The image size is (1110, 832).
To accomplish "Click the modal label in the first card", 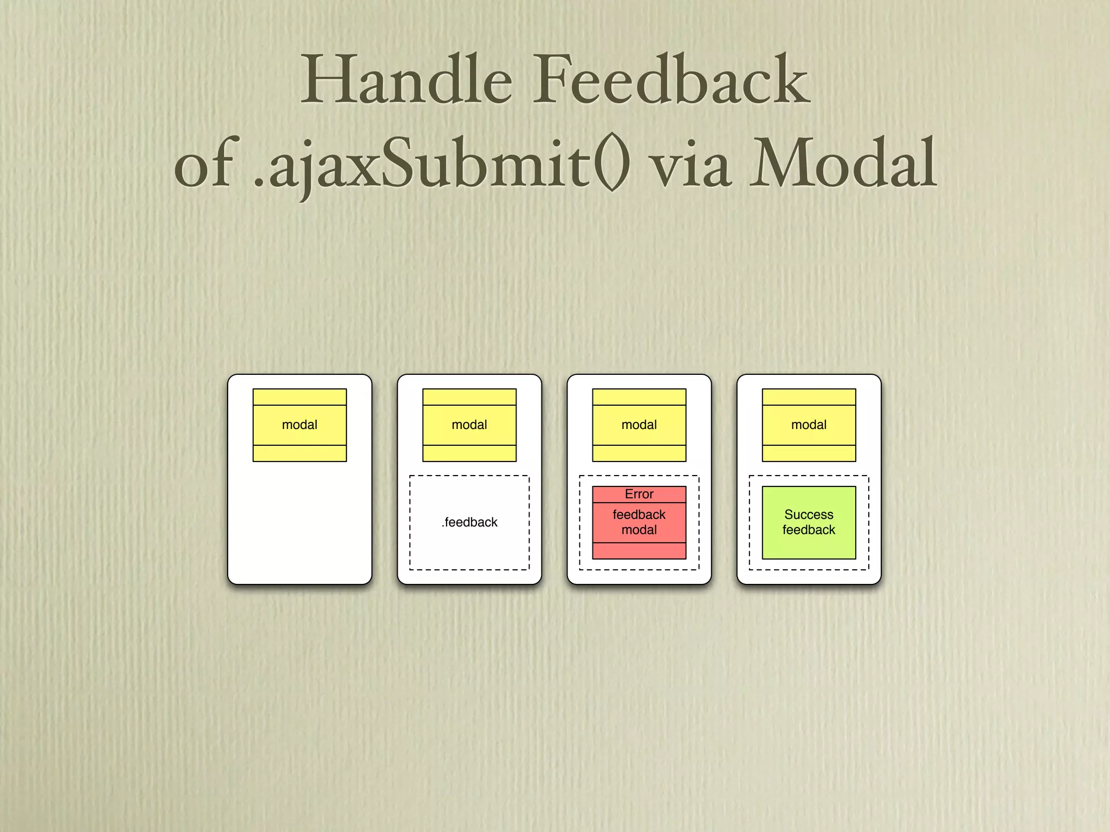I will coord(300,425).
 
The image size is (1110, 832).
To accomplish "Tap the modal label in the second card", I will coord(469,425).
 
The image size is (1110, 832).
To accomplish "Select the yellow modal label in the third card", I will coord(639,425).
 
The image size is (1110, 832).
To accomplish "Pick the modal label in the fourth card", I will coord(809,425).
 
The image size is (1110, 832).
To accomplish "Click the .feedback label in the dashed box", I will coord(469,522).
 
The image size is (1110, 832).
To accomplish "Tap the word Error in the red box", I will coord(639,494).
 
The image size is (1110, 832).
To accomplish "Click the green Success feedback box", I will coord(809,544).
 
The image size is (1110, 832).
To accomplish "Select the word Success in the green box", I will coord(809,515).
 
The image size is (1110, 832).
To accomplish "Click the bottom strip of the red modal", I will coord(639,551).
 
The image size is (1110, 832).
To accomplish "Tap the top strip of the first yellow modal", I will coord(300,397).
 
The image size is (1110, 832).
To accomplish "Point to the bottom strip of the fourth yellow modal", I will coord(809,453).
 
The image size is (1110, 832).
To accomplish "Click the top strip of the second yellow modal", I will coord(469,397).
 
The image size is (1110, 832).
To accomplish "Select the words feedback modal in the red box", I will coord(639,522).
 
